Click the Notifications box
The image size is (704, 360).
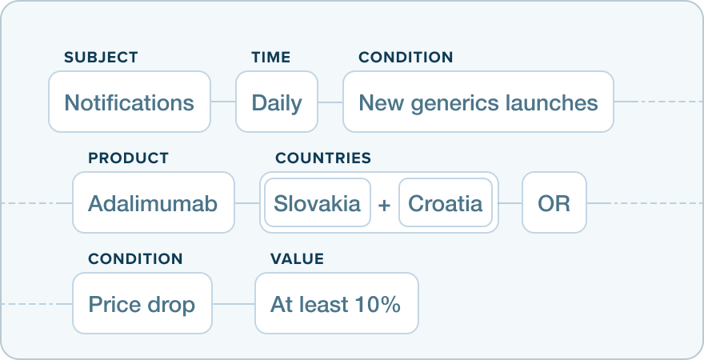(129, 102)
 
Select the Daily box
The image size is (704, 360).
(276, 102)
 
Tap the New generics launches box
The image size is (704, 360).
(478, 102)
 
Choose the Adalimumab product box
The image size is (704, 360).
(153, 203)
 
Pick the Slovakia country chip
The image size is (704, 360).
(317, 203)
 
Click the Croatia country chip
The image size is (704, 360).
(445, 203)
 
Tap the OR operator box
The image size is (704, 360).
(554, 203)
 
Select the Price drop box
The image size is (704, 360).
(142, 304)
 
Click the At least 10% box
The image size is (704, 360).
(336, 304)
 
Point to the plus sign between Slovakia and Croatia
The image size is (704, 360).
(384, 204)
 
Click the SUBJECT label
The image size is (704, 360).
(101, 58)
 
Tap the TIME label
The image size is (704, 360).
(270, 58)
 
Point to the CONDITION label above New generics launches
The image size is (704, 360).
(406, 58)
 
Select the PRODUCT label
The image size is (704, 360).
(128, 158)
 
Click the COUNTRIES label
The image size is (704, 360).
(323, 158)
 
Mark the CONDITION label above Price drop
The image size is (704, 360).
(135, 259)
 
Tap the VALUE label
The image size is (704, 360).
(297, 259)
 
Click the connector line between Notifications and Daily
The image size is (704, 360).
(223, 102)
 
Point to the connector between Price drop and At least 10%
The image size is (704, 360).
(234, 304)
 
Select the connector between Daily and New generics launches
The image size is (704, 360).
(330, 102)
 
